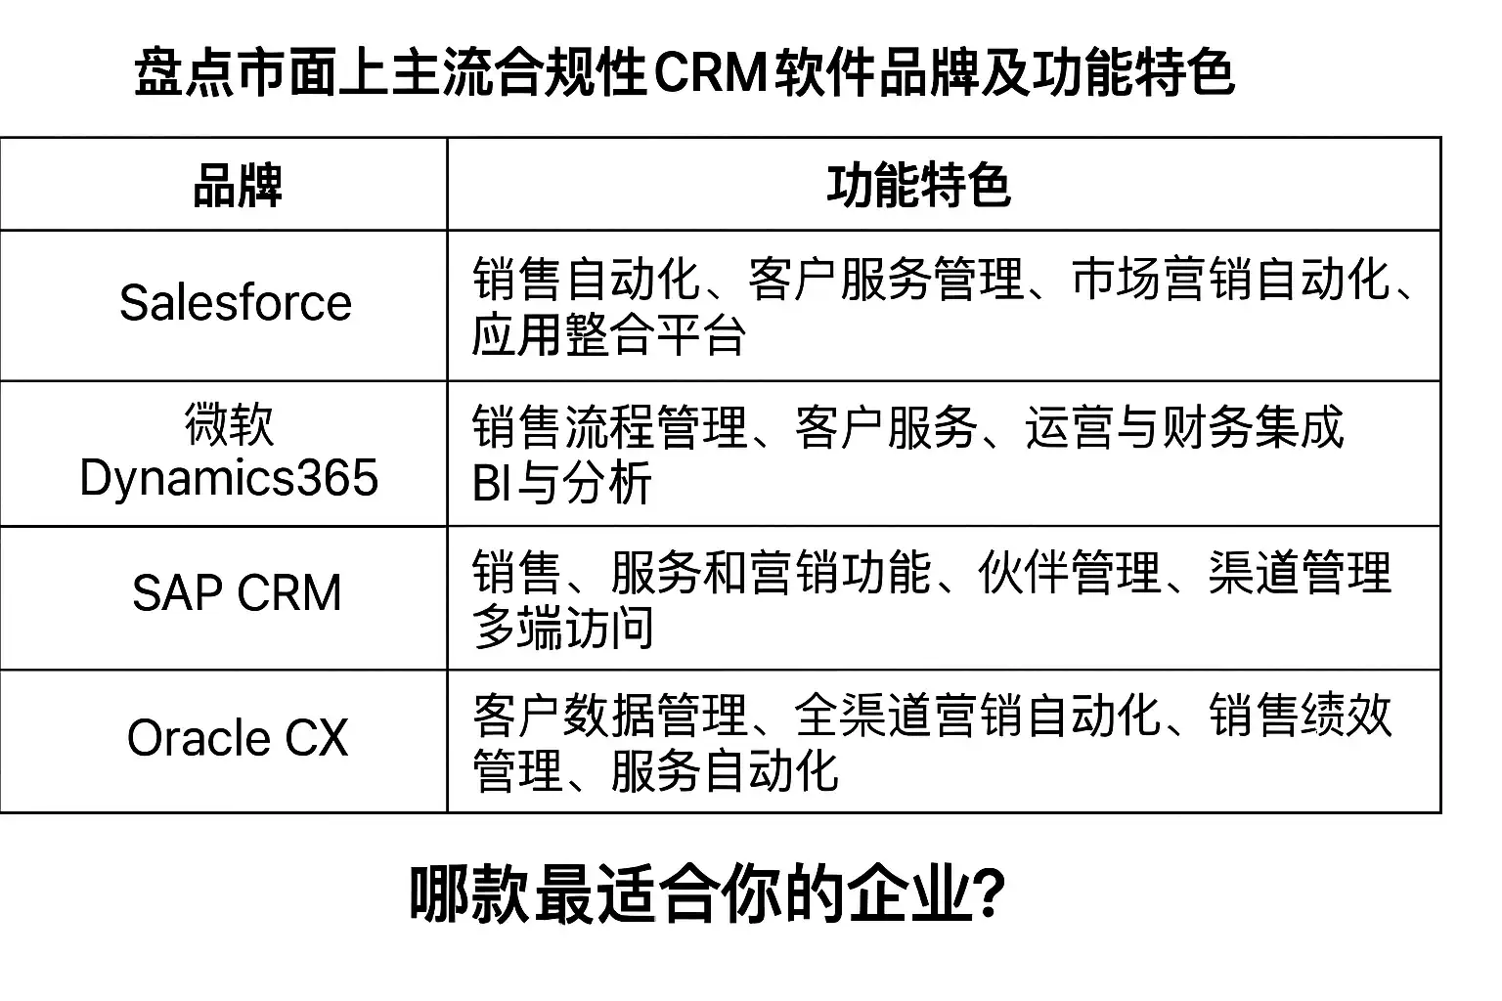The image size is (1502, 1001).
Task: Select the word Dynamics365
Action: [230, 478]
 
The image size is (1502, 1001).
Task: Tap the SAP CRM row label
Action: [237, 592]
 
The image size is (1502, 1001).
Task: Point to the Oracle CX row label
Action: [238, 737]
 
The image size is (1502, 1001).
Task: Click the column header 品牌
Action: [238, 185]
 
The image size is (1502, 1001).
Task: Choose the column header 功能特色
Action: [918, 185]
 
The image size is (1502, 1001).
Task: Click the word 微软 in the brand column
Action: [230, 424]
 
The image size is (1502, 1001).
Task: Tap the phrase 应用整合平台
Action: [609, 334]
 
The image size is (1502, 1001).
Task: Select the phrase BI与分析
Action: [562, 483]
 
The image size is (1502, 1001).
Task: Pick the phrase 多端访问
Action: [563, 628]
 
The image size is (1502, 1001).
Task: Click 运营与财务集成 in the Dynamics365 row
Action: [1185, 426]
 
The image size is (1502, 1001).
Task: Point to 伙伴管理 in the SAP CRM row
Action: [1070, 572]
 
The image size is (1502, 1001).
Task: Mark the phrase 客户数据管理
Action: [610, 716]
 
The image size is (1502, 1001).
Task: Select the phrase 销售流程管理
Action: [610, 426]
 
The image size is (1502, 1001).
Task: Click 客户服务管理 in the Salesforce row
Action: [886, 279]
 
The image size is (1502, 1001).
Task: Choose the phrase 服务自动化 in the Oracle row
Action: [725, 771]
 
